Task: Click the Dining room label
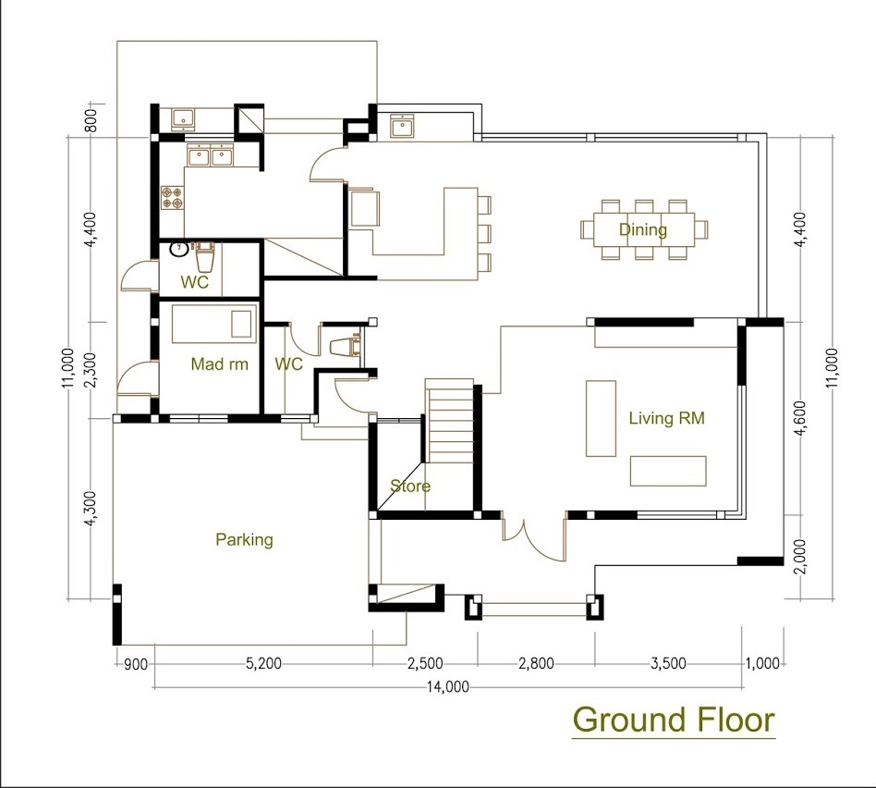[642, 229]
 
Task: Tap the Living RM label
[666, 418]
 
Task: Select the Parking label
[244, 540]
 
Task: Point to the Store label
[410, 486]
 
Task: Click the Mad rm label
[219, 364]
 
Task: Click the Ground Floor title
[674, 720]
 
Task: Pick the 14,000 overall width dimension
[447, 687]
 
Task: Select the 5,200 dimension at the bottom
[263, 664]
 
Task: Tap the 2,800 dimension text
[536, 664]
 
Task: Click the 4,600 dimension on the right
[801, 418]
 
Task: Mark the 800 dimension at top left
[91, 120]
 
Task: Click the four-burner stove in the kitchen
[172, 197]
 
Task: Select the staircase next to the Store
[450, 421]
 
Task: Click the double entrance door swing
[533, 538]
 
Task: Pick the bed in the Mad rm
[213, 324]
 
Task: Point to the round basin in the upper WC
[178, 249]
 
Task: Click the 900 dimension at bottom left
[135, 664]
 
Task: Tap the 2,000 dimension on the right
[801, 557]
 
